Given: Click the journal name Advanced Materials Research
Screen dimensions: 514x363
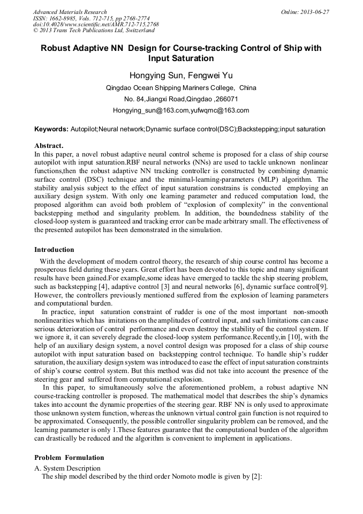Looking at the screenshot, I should tap(70, 12).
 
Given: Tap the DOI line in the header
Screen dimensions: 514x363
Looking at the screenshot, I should tap(96, 24).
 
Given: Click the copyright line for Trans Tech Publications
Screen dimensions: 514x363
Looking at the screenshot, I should tap(94, 31).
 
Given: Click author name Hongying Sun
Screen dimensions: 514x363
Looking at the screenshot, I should tap(155, 76).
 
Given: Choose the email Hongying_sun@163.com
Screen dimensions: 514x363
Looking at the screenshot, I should tap(143, 110).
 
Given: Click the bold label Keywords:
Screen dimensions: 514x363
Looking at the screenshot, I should tap(51, 129).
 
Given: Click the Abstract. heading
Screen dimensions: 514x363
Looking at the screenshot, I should tap(49, 145).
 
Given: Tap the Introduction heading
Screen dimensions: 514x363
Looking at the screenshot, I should tap(54, 249).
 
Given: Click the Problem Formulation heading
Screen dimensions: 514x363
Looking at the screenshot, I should tap(69, 457).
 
